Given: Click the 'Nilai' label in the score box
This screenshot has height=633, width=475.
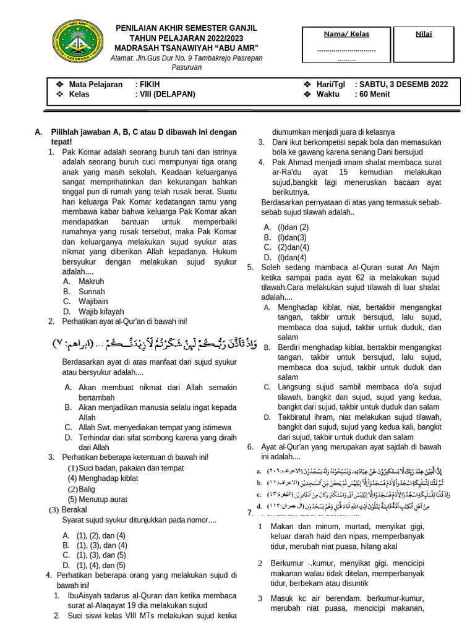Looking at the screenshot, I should coord(424,34).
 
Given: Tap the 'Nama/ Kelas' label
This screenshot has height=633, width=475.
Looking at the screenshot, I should coord(346,34).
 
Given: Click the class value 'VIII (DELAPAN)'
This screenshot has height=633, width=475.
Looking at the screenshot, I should coord(165,95).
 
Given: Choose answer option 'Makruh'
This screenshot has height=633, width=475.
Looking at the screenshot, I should coord(91,281).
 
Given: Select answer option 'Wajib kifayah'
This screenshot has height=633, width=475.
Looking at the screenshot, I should coord(101,311).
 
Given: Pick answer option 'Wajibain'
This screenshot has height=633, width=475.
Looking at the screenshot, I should coord(93,301).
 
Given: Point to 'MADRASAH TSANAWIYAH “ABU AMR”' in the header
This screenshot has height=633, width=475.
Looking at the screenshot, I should coord(187,49).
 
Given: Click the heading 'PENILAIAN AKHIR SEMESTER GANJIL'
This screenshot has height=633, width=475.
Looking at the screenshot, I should coord(187,28).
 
